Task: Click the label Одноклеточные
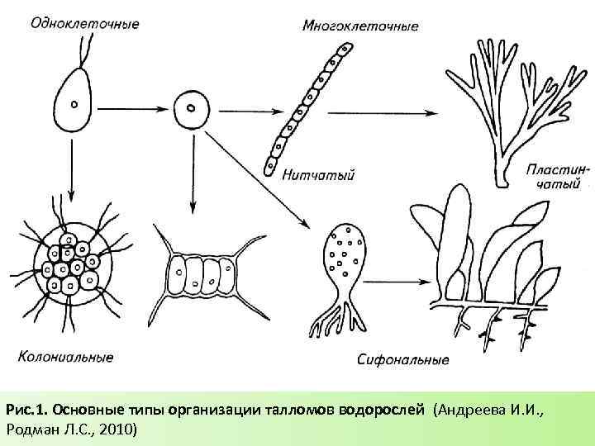[83, 23]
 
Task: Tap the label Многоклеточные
[360, 26]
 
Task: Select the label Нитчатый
[318, 175]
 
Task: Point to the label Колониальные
[65, 358]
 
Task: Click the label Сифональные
[404, 360]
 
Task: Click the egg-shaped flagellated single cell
[72, 103]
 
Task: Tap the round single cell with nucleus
[191, 108]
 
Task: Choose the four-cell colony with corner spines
[203, 274]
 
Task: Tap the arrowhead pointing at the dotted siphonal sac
[305, 222]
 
